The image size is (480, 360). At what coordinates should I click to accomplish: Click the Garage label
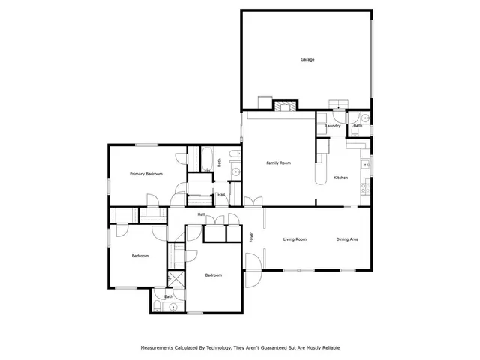(307, 58)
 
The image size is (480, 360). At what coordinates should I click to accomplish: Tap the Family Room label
(279, 163)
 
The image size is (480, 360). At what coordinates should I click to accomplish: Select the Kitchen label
(341, 178)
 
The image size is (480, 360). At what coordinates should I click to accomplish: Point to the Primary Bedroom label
(146, 174)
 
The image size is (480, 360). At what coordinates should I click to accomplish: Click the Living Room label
(295, 239)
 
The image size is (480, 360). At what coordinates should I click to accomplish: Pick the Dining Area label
(347, 239)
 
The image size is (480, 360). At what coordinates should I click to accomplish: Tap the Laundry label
(334, 126)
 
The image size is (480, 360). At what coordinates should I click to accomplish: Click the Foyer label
(251, 238)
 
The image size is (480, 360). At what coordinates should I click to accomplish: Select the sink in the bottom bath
(173, 306)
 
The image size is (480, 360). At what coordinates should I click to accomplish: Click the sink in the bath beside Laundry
(364, 118)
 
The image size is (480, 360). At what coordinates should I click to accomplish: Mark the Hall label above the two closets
(202, 215)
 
